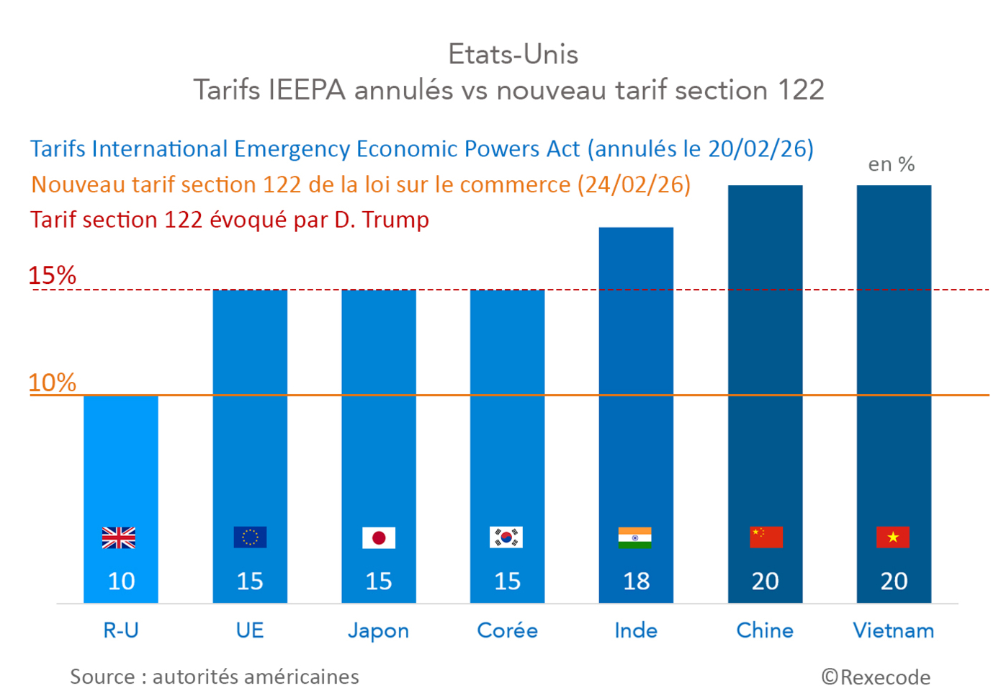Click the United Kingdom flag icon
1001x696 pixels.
[119, 537]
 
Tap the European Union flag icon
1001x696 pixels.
[250, 537]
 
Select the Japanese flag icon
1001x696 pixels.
[379, 537]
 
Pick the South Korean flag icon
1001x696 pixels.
[506, 537]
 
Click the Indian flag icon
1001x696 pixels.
[635, 537]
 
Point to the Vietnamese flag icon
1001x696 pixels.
[893, 537]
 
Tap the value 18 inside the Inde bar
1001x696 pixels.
[636, 581]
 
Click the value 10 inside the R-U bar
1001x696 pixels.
[121, 581]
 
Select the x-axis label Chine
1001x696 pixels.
[765, 630]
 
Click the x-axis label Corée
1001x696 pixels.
[507, 630]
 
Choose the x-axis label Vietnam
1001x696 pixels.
[893, 630]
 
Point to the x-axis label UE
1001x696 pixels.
[250, 630]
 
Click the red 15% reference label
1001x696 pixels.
[52, 275]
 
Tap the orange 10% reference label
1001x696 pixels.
[52, 383]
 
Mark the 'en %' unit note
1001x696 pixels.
[891, 164]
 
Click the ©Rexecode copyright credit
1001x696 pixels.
[876, 677]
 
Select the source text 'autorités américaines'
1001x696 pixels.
[256, 677]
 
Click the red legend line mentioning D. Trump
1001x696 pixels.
[230, 220]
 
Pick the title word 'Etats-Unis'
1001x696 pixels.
[513, 54]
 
